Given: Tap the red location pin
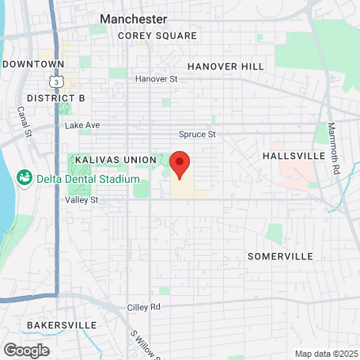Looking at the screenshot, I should tap(180, 165).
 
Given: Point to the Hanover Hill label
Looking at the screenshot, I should tap(225, 66).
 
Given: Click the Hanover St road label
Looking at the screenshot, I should tap(156, 79).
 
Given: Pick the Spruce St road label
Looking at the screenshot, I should tap(198, 135).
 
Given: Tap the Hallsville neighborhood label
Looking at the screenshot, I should tap(294, 156).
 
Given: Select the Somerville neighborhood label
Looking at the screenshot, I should tap(280, 256).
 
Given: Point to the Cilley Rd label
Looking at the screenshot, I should tap(144, 306).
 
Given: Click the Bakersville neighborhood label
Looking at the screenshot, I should tap(61, 325).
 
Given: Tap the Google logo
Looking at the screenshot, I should tap(26, 350).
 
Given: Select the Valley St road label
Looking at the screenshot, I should tap(82, 200).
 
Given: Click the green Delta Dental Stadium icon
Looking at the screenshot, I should tap(25, 176).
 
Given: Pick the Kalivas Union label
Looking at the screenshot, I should tap(116, 160).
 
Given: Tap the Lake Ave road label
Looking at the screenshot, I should tap(82, 125).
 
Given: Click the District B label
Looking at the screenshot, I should tap(55, 97).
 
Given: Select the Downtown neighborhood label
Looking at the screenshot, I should tap(32, 63).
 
